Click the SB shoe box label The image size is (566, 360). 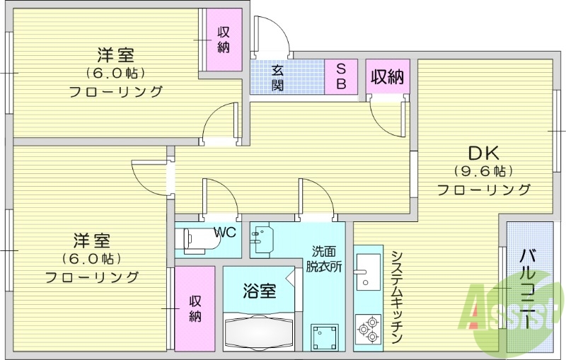coord(340,76)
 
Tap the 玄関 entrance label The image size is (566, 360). coord(278,77)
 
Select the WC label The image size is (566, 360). coord(225,231)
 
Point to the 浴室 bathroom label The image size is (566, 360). coord(259,290)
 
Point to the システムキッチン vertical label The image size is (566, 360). coord(396,298)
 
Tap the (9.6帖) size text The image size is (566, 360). coord(483,171)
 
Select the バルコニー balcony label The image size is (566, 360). coord(528,289)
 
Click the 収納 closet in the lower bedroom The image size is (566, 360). coord(195,308)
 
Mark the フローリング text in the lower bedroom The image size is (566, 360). coord(92,277)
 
